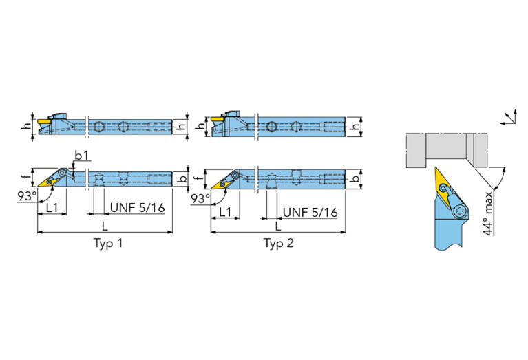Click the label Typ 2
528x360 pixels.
[278, 244]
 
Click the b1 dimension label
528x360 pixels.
[82, 156]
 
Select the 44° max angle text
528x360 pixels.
[488, 216]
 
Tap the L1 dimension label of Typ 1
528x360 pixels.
[52, 208]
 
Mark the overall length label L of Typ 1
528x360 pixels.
[104, 226]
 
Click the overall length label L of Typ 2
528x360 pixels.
[277, 226]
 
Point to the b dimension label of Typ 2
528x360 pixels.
[355, 179]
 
